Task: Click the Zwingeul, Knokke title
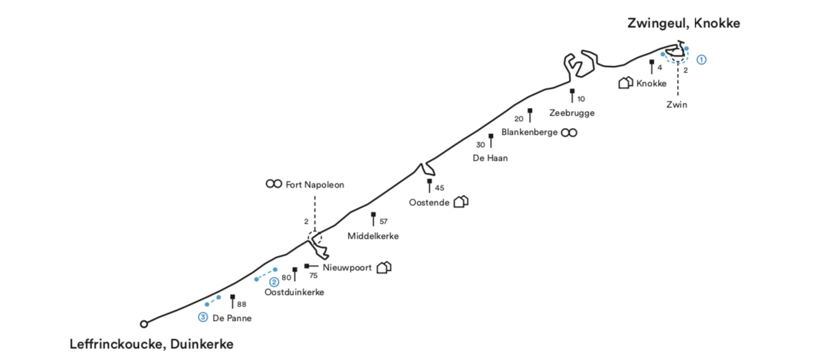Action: [x=683, y=23]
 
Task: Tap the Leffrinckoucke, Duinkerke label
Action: [x=151, y=344]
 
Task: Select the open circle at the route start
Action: [x=144, y=324]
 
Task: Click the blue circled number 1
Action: [x=701, y=60]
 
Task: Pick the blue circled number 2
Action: [x=274, y=281]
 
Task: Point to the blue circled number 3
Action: [x=203, y=317]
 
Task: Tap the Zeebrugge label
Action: [x=571, y=113]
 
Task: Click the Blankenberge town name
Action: [x=529, y=132]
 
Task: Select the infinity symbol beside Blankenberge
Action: [x=569, y=132]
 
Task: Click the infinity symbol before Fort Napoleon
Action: [x=274, y=185]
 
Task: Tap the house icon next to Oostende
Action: [x=461, y=202]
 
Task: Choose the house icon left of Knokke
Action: [x=625, y=83]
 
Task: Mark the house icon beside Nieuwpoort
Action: [x=384, y=267]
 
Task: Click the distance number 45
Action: [x=440, y=188]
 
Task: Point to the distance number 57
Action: [x=383, y=222]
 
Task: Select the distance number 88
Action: [x=242, y=305]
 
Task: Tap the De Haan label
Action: [x=490, y=157]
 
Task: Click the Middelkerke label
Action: [x=373, y=236]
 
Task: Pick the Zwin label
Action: [x=677, y=105]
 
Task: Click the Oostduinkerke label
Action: [x=294, y=292]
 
